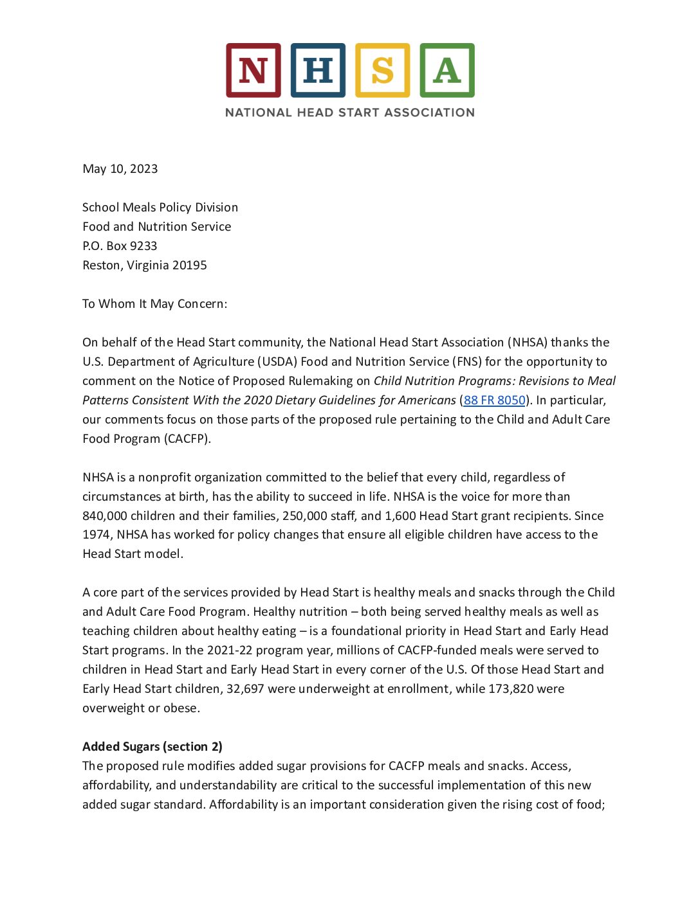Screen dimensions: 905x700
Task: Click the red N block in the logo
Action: pos(253,70)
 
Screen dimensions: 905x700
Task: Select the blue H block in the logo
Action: pos(318,70)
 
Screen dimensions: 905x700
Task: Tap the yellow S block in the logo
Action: pos(382,70)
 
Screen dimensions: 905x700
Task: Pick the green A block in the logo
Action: pos(447,70)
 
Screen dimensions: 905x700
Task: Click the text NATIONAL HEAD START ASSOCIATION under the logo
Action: pos(350,112)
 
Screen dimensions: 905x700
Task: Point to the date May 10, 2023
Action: pos(120,169)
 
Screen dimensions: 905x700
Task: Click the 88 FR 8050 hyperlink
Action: pos(494,400)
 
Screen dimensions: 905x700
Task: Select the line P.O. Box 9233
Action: pos(120,246)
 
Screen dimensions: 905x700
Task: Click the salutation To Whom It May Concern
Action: pos(154,304)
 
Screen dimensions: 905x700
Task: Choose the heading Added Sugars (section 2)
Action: pos(152,747)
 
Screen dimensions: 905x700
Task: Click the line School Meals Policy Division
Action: pos(160,208)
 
